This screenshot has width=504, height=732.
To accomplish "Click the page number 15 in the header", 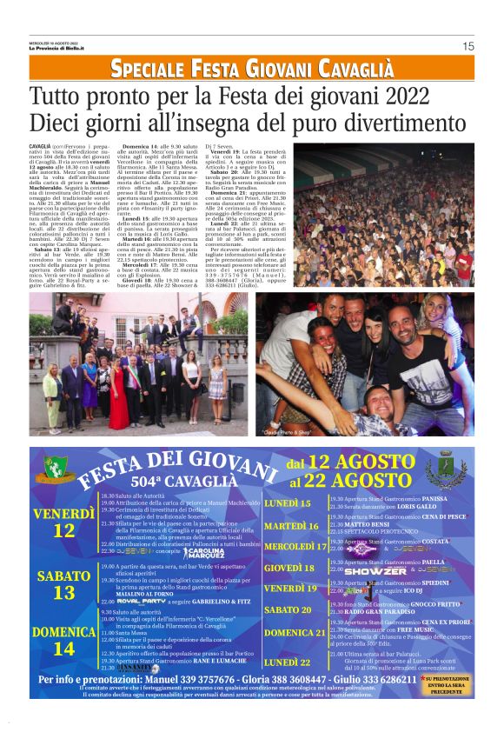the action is click(468, 46).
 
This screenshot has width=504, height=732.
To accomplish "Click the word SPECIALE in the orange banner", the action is click(143, 70).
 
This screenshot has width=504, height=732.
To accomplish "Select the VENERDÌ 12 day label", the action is click(63, 522).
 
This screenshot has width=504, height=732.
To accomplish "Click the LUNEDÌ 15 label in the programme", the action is click(288, 503).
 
